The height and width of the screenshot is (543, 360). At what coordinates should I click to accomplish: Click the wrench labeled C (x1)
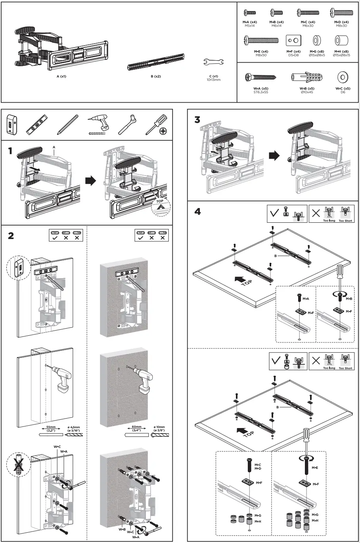[214, 62]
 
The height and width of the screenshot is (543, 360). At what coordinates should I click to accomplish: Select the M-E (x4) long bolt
[262, 40]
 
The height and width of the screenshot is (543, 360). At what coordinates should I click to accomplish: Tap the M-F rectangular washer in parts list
[293, 40]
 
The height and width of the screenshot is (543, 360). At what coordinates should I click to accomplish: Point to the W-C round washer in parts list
[343, 77]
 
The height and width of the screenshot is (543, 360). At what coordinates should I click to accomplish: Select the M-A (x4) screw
[250, 13]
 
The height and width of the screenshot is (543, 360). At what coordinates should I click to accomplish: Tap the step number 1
[11, 151]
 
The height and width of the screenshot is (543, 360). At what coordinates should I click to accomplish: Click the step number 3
[197, 120]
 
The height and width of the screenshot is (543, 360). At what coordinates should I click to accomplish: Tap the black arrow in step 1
[91, 181]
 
